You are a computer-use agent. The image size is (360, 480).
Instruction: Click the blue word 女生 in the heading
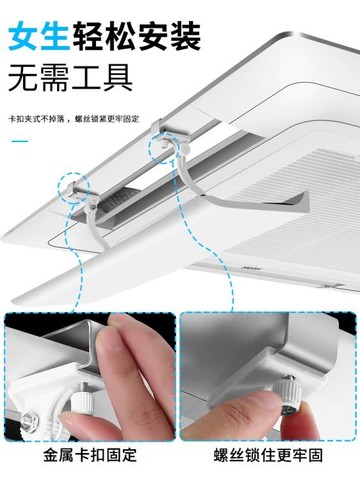click(x=39, y=36)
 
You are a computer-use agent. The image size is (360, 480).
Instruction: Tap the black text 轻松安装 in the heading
click(x=137, y=36)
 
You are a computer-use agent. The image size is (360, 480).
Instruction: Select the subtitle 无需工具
click(x=70, y=79)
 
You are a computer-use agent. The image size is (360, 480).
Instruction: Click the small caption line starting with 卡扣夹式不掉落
click(x=73, y=119)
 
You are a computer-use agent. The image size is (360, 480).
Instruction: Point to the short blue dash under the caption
click(x=20, y=141)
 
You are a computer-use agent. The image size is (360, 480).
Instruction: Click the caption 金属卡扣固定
click(x=90, y=455)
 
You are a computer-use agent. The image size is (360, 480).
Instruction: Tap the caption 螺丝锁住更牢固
click(x=268, y=455)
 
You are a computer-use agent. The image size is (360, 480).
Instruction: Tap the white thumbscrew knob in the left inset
click(x=81, y=403)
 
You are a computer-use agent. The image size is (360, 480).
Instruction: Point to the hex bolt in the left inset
click(x=28, y=421)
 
